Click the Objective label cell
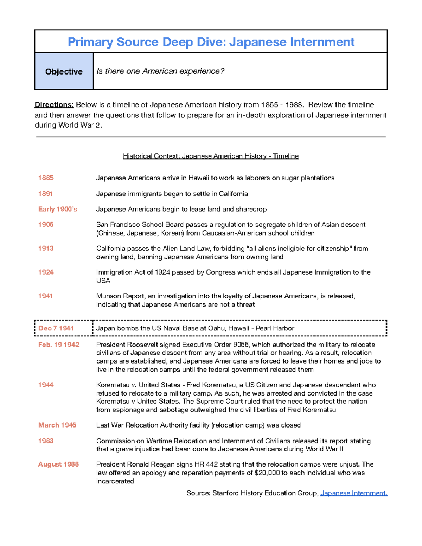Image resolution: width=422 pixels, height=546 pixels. tap(64, 71)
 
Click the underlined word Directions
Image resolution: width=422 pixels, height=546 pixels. tap(54, 105)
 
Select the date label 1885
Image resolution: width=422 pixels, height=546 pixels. tap(46, 178)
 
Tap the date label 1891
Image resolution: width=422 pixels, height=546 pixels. tap(45, 194)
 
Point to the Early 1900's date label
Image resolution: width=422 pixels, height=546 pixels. tap(57, 209)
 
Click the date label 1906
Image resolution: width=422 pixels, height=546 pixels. tap(46, 225)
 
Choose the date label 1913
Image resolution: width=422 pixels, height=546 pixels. tap(46, 249)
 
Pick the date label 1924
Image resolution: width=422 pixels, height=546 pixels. tap(46, 272)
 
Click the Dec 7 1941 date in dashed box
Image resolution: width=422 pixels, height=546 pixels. tap(56, 328)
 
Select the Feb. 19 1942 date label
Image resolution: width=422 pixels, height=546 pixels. tap(59, 345)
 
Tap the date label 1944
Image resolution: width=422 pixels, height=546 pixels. tap(46, 385)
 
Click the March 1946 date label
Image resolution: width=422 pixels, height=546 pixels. tap(57, 425)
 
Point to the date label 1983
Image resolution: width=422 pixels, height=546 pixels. tap(46, 441)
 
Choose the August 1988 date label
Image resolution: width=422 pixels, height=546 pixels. tap(58, 464)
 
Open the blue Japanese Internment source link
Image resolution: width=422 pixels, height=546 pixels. tap(354, 493)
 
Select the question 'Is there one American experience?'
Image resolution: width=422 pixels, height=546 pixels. tap(160, 71)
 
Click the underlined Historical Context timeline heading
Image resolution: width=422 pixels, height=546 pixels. tap(211, 156)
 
